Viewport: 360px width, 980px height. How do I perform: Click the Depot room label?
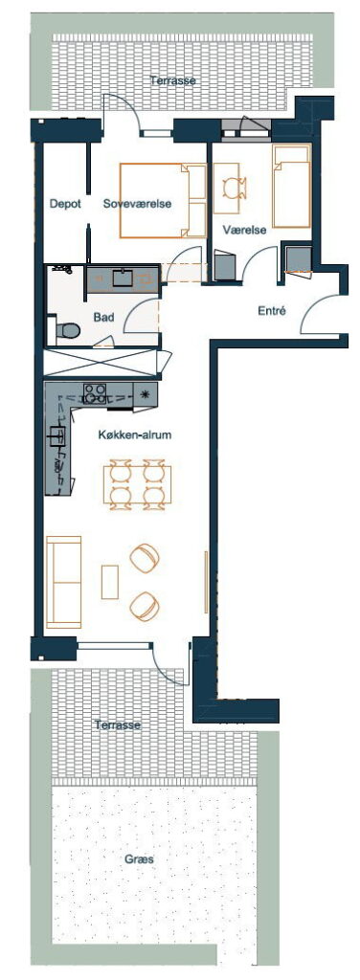coord(66,204)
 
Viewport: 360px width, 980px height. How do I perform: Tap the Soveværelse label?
coord(138,204)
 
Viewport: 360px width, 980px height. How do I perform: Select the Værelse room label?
coord(245,230)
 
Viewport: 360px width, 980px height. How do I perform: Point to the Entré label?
coord(272,310)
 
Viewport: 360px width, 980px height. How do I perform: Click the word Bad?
coord(103,318)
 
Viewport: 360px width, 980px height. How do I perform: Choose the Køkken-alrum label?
coord(134,435)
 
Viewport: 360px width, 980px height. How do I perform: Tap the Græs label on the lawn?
coord(139,859)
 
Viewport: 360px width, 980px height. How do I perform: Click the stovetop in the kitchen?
coord(95,393)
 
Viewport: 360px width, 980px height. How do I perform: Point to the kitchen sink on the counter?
coord(56,435)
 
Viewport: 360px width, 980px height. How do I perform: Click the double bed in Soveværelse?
coord(163,201)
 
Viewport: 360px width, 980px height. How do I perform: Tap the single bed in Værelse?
coord(291,187)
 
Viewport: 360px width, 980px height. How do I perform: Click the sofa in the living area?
coord(64,582)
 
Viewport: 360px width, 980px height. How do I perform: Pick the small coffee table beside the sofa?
coord(110,582)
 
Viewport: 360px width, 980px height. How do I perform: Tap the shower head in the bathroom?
coord(61,270)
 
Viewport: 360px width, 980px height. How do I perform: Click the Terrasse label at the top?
coord(173,80)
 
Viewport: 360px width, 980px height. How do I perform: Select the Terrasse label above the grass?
coord(118,725)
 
